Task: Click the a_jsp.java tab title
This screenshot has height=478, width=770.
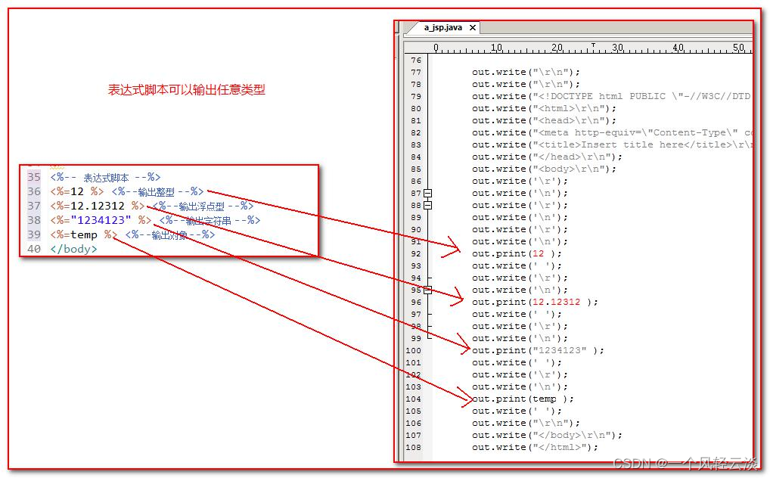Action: pos(442,28)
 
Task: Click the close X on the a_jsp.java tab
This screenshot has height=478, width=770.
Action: pos(473,28)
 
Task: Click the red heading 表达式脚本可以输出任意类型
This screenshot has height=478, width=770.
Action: pos(186,90)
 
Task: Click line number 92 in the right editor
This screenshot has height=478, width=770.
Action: pos(415,253)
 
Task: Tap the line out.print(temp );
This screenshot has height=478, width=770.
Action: pos(523,399)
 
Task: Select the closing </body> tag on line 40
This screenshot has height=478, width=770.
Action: pos(73,249)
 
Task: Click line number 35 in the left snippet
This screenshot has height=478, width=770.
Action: pos(34,177)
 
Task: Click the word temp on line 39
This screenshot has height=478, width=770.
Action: pos(84,234)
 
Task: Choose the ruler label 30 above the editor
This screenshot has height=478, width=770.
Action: pos(617,48)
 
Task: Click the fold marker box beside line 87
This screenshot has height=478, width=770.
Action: pos(428,193)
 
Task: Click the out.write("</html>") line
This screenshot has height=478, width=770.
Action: pos(535,447)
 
